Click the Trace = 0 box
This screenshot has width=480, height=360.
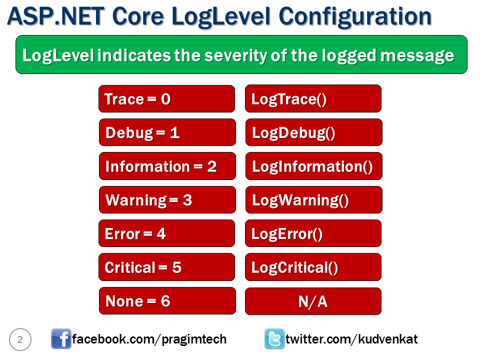click(166, 99)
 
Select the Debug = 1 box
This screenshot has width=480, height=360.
click(167, 132)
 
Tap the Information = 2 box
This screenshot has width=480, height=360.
click(167, 166)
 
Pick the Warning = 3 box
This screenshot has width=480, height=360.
click(167, 200)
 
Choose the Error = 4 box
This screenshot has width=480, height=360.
click(166, 233)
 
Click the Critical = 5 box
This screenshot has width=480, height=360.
click(166, 267)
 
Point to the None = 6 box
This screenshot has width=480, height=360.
click(167, 301)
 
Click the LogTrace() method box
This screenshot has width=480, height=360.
click(313, 99)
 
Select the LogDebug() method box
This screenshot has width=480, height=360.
click(313, 132)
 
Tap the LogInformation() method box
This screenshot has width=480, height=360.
click(313, 166)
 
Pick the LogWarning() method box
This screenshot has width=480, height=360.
click(313, 200)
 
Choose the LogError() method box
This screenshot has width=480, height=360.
click(313, 233)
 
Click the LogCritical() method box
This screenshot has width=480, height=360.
click(313, 267)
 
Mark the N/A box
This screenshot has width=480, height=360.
click(313, 301)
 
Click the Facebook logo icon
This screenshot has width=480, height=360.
click(61, 339)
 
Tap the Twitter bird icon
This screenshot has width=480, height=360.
click(274, 339)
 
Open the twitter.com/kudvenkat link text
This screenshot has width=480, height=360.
click(351, 339)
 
